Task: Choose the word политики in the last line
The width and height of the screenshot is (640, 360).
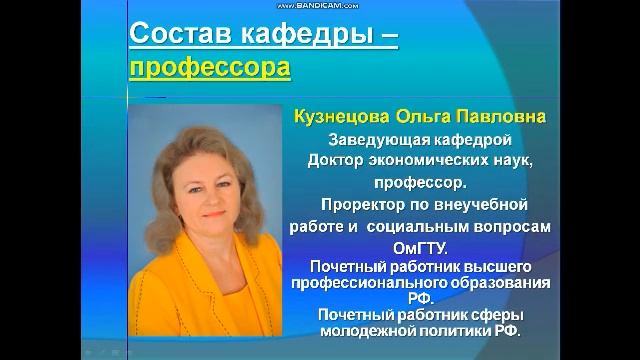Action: (475, 329)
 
